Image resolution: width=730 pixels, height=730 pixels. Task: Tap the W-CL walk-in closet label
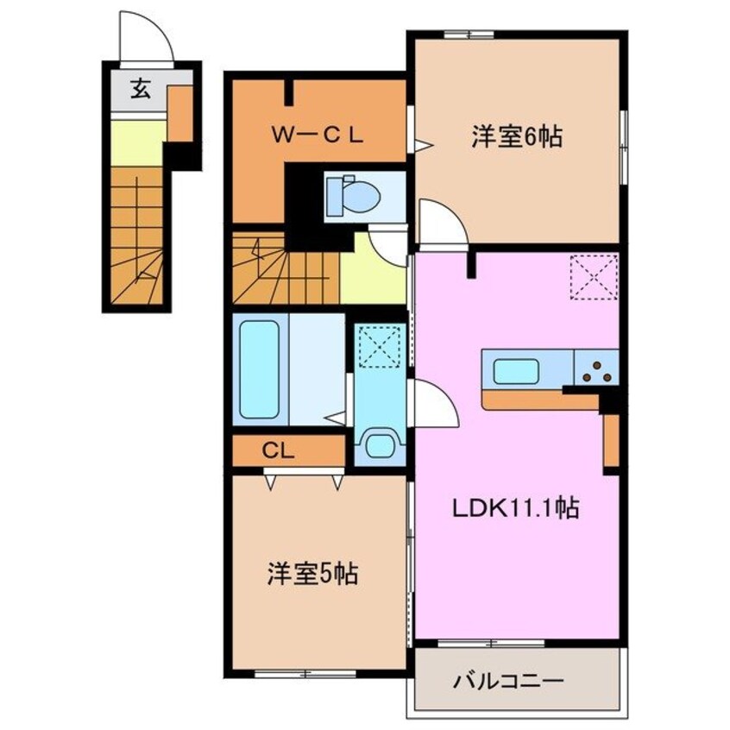(x=319, y=135)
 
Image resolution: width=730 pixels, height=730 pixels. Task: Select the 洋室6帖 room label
(x=517, y=135)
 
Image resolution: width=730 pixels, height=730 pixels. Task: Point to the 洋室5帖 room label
(x=312, y=573)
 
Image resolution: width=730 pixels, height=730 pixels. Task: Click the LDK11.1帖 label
(x=516, y=508)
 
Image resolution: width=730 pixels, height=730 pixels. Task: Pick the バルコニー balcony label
(x=509, y=682)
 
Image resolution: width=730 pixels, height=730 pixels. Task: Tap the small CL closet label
(x=277, y=450)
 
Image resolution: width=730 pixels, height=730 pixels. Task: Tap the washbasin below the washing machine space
(x=381, y=447)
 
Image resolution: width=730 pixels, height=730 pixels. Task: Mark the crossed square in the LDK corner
(x=595, y=278)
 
